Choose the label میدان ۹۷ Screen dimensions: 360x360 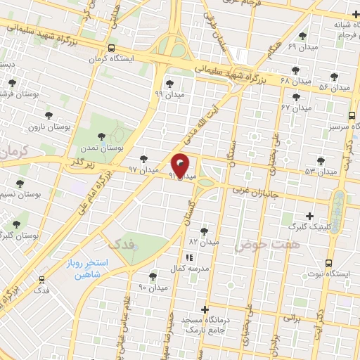[143, 170]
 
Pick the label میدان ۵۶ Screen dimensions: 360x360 [334, 87]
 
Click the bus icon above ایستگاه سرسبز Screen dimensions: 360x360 [351, 116]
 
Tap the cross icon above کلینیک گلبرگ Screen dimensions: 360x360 [310, 216]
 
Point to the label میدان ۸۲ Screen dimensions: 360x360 [203, 242]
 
